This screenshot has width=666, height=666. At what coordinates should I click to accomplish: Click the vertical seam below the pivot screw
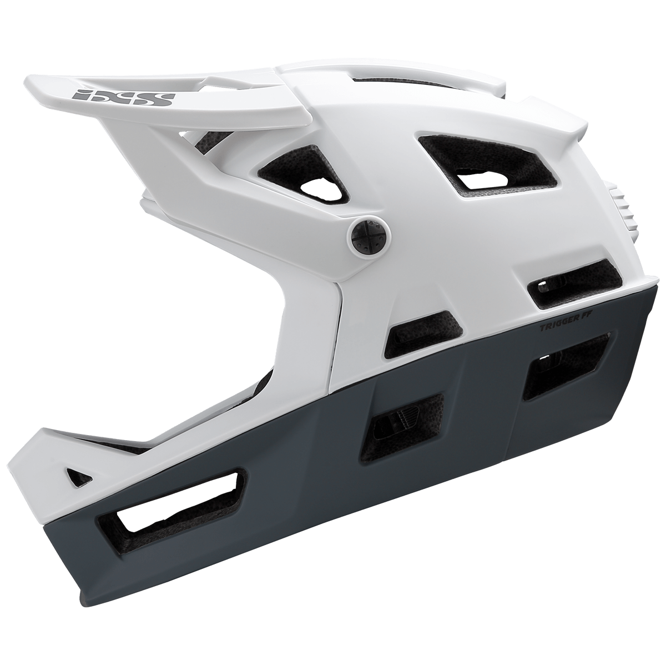tap(337, 327)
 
